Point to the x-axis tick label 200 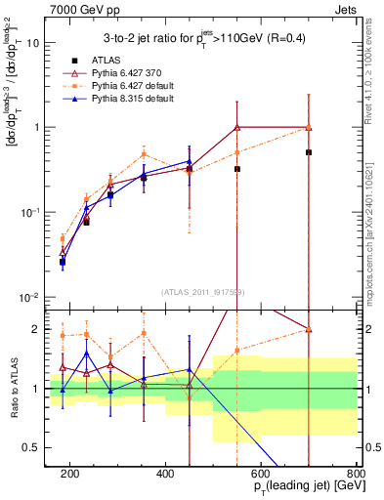click(x=69, y=473)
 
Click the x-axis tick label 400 click(x=165, y=473)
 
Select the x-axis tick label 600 click(x=261, y=473)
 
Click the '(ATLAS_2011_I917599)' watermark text click(x=202, y=291)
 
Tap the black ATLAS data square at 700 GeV click(x=309, y=152)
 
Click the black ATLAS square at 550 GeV click(x=237, y=169)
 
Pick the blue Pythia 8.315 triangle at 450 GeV click(x=189, y=161)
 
